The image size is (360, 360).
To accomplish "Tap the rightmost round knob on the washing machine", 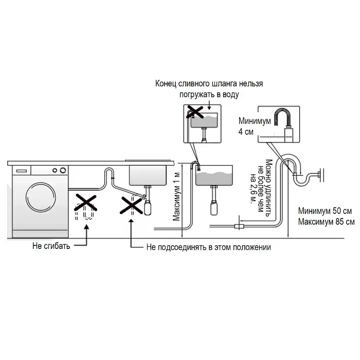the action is coord(63,170).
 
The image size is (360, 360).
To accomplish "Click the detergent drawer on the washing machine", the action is coord(22,171).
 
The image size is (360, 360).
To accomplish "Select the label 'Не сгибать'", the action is coord(51,246).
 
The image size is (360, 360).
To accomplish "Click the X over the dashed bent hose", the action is coord(86,203).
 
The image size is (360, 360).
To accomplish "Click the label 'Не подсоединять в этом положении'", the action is coord(208,247).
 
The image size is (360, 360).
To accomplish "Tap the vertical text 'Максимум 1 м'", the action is coord(176,196).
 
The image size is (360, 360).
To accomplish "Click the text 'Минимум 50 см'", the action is coord(325,211).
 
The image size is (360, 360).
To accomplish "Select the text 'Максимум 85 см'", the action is coord(326,222).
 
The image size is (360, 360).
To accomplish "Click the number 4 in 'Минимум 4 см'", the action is coord(241,132).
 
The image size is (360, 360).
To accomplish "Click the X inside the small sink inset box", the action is coord(195,112).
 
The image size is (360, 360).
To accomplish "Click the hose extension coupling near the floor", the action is coord(239,226).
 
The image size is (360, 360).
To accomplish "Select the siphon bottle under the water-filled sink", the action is coord(214,208).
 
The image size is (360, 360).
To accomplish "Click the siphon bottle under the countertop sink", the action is coord(148,208).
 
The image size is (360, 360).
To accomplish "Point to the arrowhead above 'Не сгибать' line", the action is coord(86,227).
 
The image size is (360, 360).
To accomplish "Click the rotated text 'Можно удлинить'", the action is coord(269,188).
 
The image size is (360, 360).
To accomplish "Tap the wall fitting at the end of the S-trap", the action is coord(321,175).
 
